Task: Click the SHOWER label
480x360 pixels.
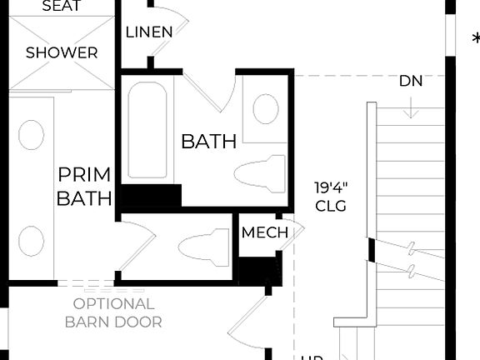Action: click(x=61, y=52)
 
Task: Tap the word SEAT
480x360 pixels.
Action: click(x=61, y=7)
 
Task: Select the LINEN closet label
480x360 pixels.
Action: click(x=149, y=32)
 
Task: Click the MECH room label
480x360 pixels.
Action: click(x=264, y=232)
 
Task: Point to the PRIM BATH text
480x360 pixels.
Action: click(x=84, y=186)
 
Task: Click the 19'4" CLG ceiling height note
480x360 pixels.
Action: click(x=330, y=196)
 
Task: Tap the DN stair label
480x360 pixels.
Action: click(x=411, y=81)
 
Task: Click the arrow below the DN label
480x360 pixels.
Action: click(x=411, y=108)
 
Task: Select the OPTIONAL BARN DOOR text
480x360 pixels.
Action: click(x=113, y=312)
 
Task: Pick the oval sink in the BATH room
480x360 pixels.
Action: click(x=266, y=109)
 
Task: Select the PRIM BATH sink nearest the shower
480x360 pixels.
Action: click(x=31, y=135)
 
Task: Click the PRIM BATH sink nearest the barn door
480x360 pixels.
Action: click(x=31, y=241)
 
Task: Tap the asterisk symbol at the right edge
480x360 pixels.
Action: click(x=476, y=40)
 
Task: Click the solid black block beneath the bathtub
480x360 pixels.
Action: click(x=151, y=198)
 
